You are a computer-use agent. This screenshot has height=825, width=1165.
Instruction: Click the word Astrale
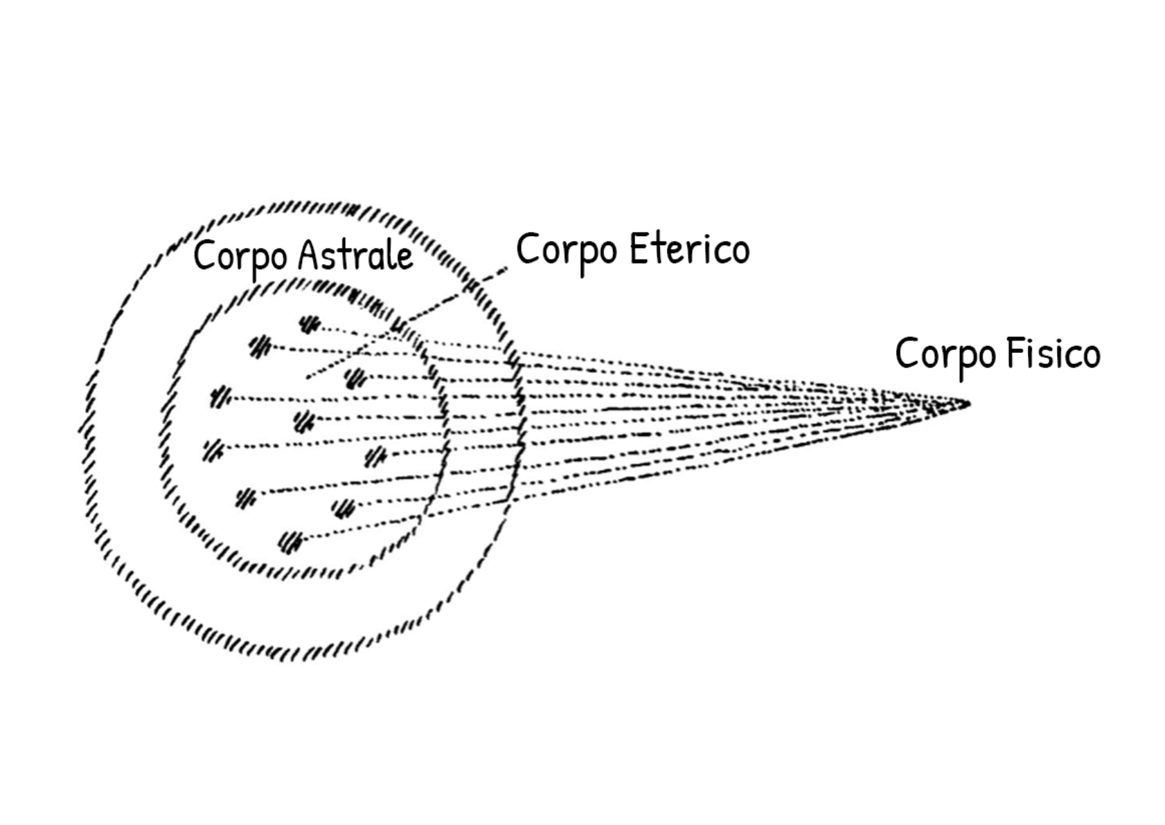[x=356, y=256]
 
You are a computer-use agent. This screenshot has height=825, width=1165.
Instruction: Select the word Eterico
[x=690, y=249]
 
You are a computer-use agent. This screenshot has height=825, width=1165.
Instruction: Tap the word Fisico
[x=1053, y=354]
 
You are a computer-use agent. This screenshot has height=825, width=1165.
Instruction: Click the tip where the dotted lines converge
[x=968, y=404]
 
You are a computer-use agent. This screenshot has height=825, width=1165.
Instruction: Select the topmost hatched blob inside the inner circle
[x=310, y=323]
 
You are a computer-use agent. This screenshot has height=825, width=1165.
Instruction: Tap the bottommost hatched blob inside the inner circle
[x=291, y=541]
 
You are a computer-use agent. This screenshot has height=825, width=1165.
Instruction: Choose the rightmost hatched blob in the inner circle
[x=375, y=456]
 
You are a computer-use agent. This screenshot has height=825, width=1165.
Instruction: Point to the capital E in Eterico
[x=641, y=248]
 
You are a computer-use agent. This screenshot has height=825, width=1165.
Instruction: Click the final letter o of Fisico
[x=1090, y=357]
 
